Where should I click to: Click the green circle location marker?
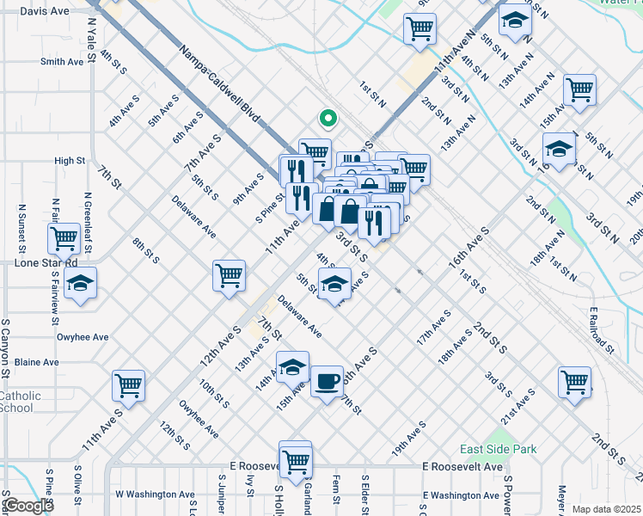pos(326,120)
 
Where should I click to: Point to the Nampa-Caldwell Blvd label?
pos(219,82)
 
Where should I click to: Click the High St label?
pos(70,161)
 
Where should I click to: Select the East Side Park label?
pos(498,449)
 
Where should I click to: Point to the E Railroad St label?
pos(602,330)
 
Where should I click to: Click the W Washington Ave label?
pos(155,494)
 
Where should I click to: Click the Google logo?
pos(28,506)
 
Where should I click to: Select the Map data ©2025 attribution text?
pos(605,509)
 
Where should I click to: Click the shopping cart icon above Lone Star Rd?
pos(64,236)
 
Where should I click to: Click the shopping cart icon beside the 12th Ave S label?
pos(230,276)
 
